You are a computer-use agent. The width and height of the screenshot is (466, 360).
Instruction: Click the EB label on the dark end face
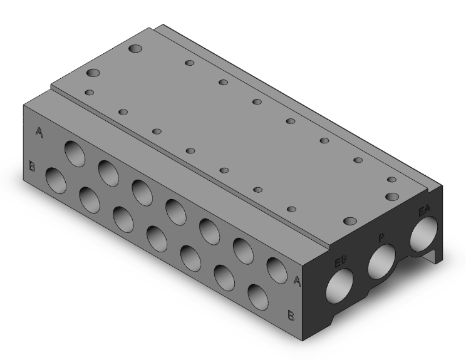[341, 262]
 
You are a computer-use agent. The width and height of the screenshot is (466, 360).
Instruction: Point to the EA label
[424, 210]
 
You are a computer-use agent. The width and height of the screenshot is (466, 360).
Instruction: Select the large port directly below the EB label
[339, 285]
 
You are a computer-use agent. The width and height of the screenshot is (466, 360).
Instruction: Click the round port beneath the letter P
[381, 261]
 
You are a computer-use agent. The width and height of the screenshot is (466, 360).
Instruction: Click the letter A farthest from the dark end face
[39, 132]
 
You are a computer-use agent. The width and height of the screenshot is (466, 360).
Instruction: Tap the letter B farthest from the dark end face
[32, 166]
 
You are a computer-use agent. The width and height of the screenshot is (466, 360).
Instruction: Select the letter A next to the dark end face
[297, 280]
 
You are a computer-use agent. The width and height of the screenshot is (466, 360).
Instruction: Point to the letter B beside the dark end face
[291, 315]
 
